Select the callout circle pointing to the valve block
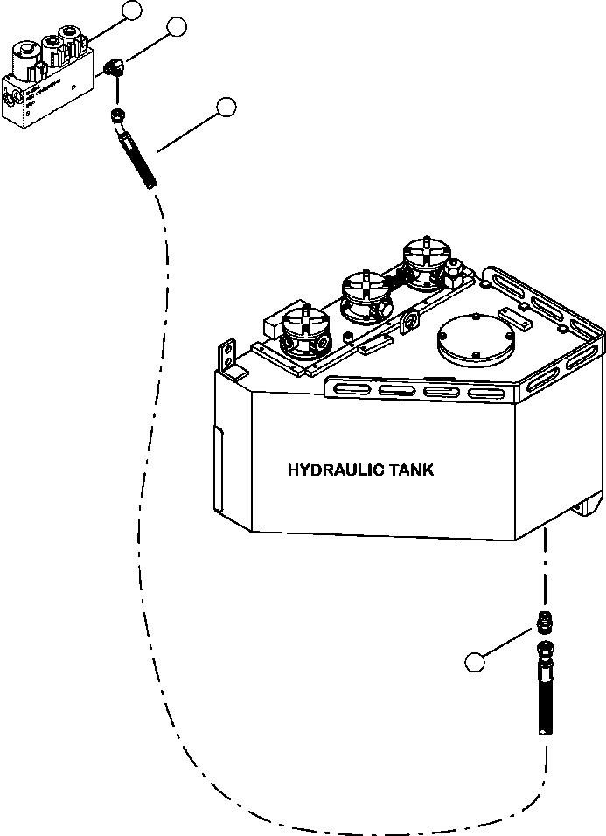(131, 10)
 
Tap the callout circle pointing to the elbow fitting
(177, 26)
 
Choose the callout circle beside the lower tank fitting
(475, 663)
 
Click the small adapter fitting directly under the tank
(545, 624)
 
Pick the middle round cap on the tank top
(363, 295)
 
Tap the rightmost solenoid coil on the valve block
(70, 36)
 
